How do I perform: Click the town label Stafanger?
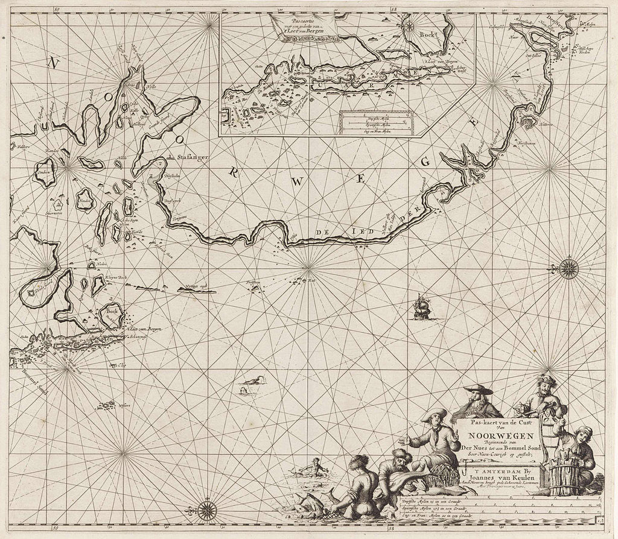[193, 157]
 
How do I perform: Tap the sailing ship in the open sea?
[421, 308]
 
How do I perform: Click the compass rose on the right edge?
[568, 268]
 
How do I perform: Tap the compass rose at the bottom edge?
[208, 511]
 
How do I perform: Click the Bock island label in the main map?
[111, 312]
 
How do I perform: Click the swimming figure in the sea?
[313, 465]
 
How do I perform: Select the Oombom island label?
[44, 171]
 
